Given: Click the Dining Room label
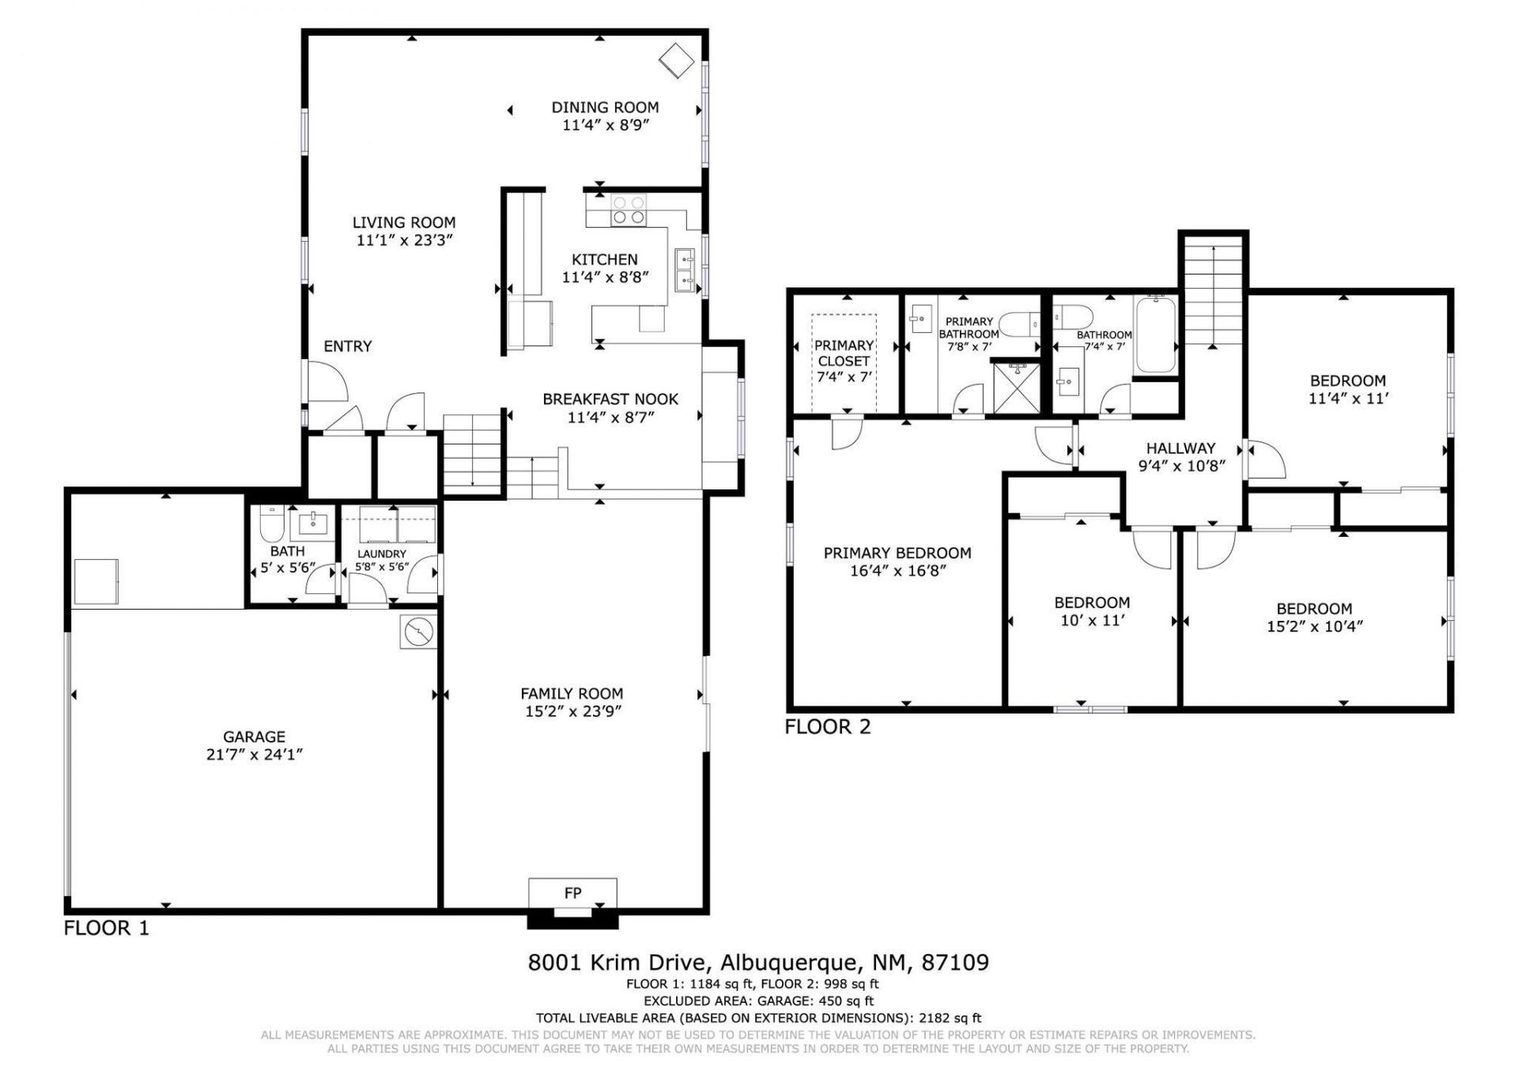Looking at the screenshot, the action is [605, 108].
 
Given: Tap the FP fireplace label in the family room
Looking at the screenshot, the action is [573, 893].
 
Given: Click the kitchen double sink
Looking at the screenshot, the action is [685, 270].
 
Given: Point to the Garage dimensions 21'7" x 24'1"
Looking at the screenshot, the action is [255, 754].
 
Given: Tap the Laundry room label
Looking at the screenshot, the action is [382, 554].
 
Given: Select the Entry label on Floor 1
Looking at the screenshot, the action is [348, 346].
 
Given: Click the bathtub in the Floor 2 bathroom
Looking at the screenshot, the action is [1156, 335].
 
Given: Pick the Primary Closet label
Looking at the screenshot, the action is [844, 354].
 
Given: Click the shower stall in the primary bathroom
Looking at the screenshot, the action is [1016, 388].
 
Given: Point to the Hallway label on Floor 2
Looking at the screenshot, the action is [1181, 448].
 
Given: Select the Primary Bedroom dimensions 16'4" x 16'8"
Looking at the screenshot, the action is [897, 570].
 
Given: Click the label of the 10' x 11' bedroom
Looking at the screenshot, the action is [1092, 603].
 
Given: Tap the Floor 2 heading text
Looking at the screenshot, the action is [828, 727].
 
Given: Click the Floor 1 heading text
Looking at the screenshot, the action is [106, 928].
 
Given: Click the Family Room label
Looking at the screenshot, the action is [572, 694].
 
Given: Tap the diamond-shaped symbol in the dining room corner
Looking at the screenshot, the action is [678, 61].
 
